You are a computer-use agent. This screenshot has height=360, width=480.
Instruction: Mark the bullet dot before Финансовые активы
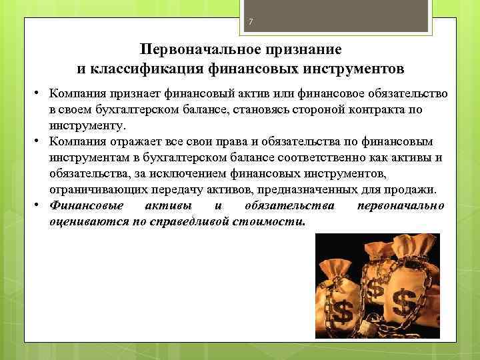tap(41, 205)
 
